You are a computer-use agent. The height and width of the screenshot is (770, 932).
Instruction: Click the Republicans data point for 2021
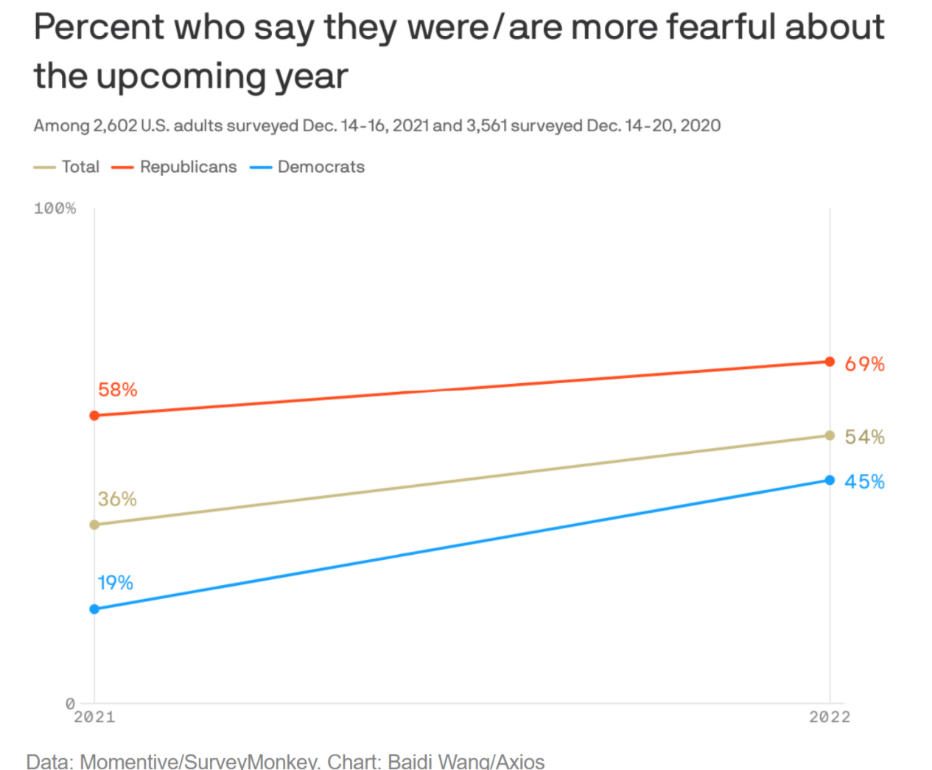click(x=94, y=416)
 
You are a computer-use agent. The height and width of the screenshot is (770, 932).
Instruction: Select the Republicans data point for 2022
click(x=830, y=362)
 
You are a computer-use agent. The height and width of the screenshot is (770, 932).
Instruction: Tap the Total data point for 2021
click(x=94, y=525)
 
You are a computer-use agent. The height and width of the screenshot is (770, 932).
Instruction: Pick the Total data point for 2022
click(x=830, y=435)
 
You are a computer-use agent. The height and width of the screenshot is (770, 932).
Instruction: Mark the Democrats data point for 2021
click(x=94, y=609)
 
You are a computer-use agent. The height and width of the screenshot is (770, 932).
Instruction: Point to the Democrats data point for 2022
click(x=830, y=480)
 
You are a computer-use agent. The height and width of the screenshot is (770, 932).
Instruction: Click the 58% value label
click(x=118, y=390)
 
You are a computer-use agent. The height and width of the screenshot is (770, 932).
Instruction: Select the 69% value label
click(x=864, y=364)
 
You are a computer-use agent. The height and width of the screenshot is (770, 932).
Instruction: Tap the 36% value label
click(x=117, y=499)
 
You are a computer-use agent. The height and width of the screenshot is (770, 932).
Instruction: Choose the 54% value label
click(x=864, y=437)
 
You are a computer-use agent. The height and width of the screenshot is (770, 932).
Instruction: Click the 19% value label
click(x=116, y=583)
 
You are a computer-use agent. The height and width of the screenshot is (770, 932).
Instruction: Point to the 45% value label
click(x=864, y=482)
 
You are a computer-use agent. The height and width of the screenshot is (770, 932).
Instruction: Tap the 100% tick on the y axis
click(x=55, y=209)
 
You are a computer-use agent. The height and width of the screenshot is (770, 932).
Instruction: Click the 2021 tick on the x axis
click(x=94, y=717)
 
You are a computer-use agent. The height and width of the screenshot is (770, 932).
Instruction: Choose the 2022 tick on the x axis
click(x=830, y=717)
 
